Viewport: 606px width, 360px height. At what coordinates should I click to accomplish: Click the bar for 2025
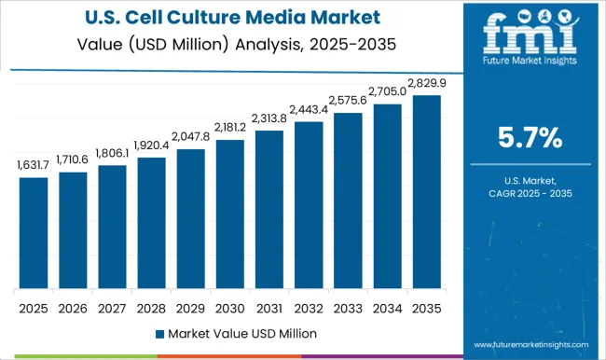(33, 232)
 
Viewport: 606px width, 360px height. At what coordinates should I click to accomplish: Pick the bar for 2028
(151, 223)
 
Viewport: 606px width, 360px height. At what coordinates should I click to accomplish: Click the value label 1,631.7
(33, 165)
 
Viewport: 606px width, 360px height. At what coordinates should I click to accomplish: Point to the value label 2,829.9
(426, 83)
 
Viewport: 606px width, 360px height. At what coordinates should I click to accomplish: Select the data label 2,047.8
(190, 137)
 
